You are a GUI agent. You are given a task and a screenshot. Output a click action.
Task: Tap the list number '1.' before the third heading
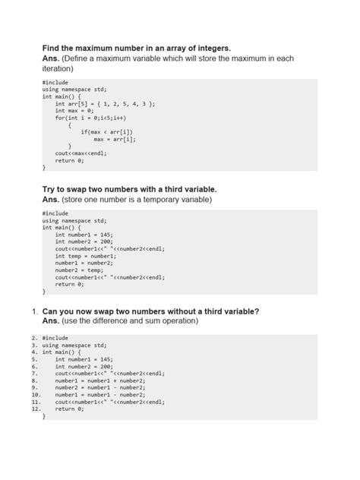35,311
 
